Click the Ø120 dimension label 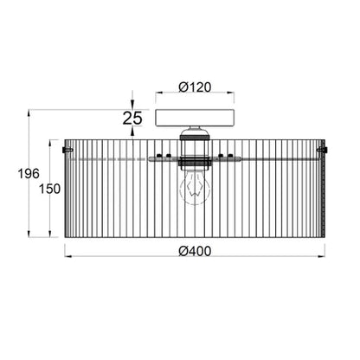195,87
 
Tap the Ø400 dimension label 195,251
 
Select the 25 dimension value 132,118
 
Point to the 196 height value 29,174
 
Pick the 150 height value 49,189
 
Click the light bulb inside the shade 195,188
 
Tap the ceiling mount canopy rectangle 195,118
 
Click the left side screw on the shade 67,150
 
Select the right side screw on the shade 322,150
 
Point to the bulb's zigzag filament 195,189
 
